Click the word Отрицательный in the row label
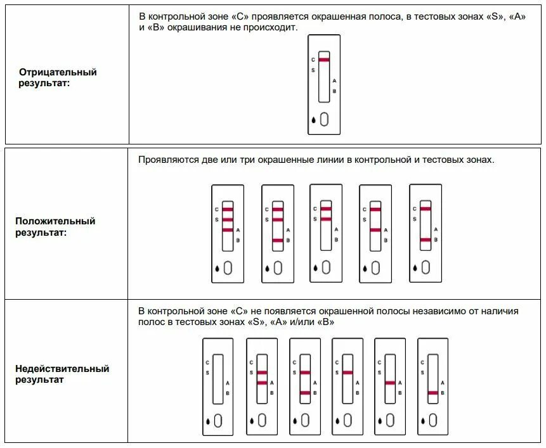pos(58,72)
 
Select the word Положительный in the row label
pos(55,221)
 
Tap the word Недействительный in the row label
pos(62,369)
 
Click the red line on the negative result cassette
pos(324,60)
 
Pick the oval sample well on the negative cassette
pos(324,119)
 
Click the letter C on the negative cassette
pos(313,60)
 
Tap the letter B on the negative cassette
pos(334,91)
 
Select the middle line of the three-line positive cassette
pos(228,219)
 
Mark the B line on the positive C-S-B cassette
pos(278,240)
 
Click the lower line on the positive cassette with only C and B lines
pos(425,240)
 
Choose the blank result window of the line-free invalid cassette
pos(218,378)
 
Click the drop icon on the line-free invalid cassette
pos(207,420)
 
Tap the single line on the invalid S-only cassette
pos(347,372)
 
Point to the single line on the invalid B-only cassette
pos(433,393)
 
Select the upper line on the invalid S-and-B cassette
pos(305,372)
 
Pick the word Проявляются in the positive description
pos(166,160)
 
